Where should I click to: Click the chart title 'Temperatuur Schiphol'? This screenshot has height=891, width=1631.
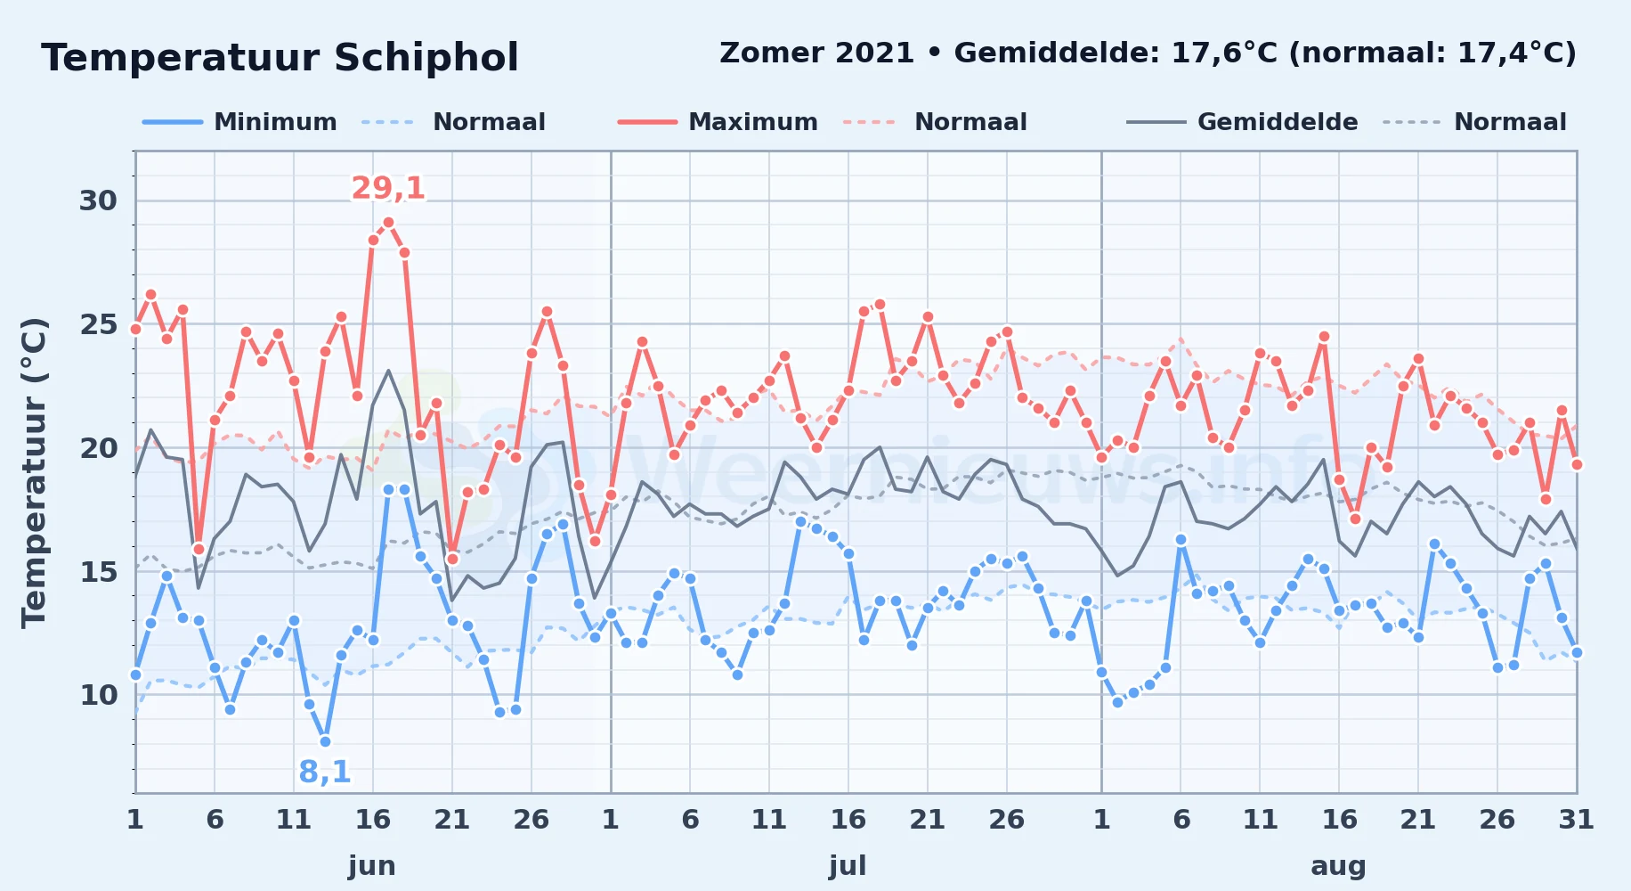tap(280, 58)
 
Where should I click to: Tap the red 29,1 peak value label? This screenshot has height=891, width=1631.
tap(388, 188)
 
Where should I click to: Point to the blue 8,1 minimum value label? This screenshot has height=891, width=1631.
tap(325, 772)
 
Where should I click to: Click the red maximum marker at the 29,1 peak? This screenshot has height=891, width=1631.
tap(388, 223)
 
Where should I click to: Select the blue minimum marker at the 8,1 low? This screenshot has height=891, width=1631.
tap(325, 741)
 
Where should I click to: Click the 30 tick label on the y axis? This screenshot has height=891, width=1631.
tap(98, 200)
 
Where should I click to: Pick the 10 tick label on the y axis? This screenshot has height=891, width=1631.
tap(98, 695)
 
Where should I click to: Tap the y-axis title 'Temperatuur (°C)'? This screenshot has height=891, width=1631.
tap(34, 472)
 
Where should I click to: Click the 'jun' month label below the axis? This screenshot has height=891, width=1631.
tap(372, 866)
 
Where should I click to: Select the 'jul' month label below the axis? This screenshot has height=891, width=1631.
tap(848, 866)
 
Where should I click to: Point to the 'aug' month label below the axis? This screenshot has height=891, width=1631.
tap(1338, 866)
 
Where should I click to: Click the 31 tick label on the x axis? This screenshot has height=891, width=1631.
tap(1576, 820)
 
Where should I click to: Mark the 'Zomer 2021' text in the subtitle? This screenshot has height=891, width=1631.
tap(816, 53)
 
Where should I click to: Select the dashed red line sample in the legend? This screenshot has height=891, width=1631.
tap(869, 122)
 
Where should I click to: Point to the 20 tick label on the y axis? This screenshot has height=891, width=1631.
tap(98, 448)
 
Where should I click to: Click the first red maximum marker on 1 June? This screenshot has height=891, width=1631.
tap(135, 329)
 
